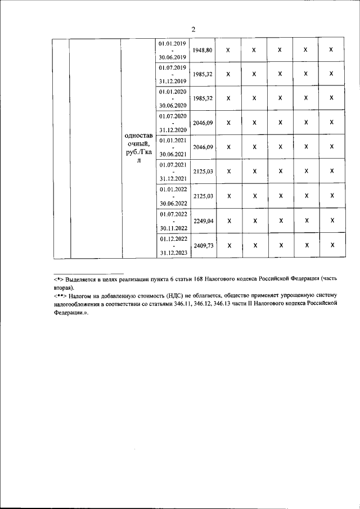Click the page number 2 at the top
coord(193,30)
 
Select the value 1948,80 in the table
coord(202,50)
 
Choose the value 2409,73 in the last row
coord(202,245)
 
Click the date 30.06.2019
coord(172,57)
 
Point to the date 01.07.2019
coord(172,67)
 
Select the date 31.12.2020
coord(172,130)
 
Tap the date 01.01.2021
coord(172,140)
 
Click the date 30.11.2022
coord(172,228)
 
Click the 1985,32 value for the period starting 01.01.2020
coord(202,98)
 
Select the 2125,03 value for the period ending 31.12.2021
coord(202,171)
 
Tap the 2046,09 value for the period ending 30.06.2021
coord(202,147)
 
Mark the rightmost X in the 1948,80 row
coord(331,50)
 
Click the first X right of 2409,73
coord(228,245)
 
